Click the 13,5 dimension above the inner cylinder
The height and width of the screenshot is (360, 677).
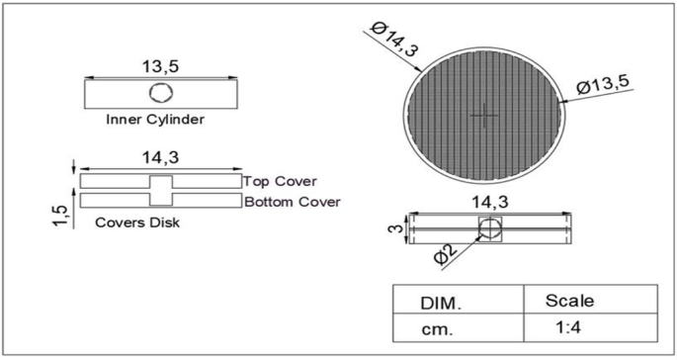coord(161,65)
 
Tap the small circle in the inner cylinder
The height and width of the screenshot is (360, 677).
coord(160,94)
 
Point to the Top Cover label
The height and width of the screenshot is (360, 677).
coord(280,182)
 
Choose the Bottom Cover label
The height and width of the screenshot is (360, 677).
coord(292,201)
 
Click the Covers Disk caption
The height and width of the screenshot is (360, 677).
coord(137,223)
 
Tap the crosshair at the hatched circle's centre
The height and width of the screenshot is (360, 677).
coord(484,115)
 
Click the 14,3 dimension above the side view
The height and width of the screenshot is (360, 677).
coord(489,202)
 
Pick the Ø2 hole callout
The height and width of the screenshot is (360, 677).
coord(446,255)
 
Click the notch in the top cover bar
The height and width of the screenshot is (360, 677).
coord(160,182)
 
